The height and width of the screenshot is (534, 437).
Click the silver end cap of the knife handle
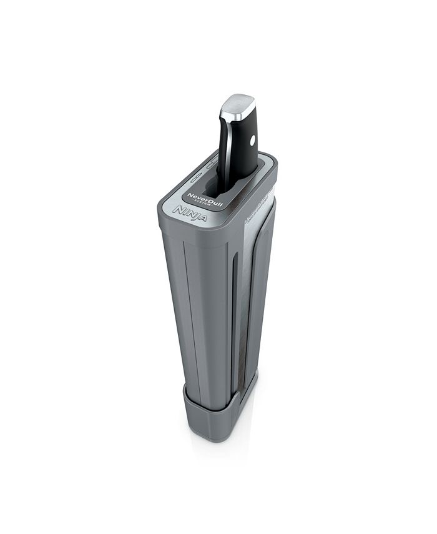click(x=238, y=105)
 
